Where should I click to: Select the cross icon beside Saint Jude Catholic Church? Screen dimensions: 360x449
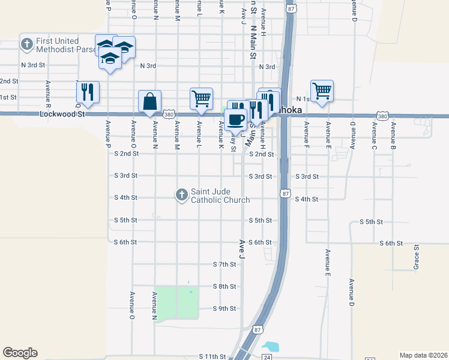[x=181, y=194]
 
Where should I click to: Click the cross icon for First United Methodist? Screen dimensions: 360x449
[x=26, y=44]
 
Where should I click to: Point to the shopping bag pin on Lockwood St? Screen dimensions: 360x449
[x=149, y=102]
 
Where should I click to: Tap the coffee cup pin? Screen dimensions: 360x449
[x=236, y=119]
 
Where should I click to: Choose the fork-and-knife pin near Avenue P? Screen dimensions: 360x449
[x=88, y=92]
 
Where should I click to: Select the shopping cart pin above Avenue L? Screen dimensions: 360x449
[x=201, y=98]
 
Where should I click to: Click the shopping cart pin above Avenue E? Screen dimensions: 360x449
[x=322, y=91]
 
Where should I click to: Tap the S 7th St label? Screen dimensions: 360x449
[x=224, y=264]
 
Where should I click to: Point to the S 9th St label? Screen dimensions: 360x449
[x=224, y=308]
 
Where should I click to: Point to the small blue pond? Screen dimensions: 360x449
[x=271, y=347]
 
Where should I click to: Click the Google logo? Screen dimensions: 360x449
[x=20, y=353]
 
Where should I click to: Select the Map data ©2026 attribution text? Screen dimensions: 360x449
[x=423, y=355]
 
